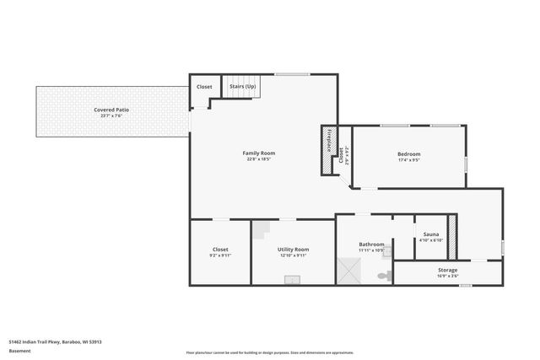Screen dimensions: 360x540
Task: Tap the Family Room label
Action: tap(259, 153)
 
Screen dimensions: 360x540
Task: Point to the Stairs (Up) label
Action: tap(243, 86)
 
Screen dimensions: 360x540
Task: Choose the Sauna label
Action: tap(431, 234)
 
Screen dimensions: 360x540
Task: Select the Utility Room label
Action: tap(293, 249)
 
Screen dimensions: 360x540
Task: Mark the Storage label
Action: tap(447, 270)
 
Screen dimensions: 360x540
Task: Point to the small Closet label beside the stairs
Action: tap(204, 86)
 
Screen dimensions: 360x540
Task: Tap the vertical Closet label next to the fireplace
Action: tap(342, 154)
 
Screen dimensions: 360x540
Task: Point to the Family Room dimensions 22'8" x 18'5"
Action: tap(259, 159)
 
